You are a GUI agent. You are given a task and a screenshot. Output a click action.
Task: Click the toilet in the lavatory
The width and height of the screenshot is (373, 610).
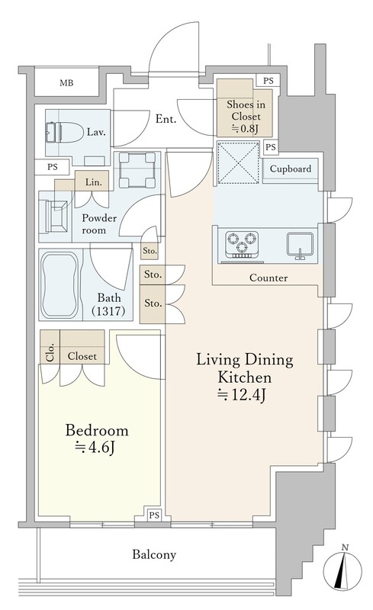65,132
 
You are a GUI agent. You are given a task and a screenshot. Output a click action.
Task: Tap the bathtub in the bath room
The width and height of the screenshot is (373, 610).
60,284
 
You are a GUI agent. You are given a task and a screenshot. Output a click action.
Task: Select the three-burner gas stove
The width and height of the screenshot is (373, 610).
242,244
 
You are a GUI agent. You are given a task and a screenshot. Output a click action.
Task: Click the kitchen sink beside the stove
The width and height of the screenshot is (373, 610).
300,245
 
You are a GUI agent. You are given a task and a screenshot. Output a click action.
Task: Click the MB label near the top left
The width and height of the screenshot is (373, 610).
66,83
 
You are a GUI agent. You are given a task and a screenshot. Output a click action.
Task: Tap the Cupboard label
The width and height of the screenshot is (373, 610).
291,169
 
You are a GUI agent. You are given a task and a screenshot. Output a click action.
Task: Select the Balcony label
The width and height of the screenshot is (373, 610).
154,554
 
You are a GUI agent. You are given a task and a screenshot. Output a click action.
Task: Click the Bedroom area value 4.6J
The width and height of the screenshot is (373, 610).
95,448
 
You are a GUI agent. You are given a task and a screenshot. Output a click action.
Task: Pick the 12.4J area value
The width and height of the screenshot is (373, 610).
242,395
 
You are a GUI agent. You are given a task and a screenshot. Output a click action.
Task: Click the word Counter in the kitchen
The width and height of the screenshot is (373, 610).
268,278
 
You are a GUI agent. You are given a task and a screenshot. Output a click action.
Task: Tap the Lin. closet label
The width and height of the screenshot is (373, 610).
94,182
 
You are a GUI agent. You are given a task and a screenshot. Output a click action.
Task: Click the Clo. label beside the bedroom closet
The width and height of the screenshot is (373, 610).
50,354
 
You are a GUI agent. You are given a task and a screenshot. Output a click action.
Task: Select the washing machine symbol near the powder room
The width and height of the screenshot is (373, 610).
137,169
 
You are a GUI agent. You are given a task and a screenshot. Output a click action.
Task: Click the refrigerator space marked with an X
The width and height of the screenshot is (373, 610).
238,162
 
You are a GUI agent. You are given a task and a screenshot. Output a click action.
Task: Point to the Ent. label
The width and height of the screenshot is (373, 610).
166,119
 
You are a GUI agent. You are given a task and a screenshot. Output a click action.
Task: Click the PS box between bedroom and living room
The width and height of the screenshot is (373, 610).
154,515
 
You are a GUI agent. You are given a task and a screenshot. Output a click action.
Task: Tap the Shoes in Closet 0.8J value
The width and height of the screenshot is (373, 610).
246,128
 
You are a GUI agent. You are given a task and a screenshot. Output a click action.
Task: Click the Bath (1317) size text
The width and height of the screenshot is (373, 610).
108,311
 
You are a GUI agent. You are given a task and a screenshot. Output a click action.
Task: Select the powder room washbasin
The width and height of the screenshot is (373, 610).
56,217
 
